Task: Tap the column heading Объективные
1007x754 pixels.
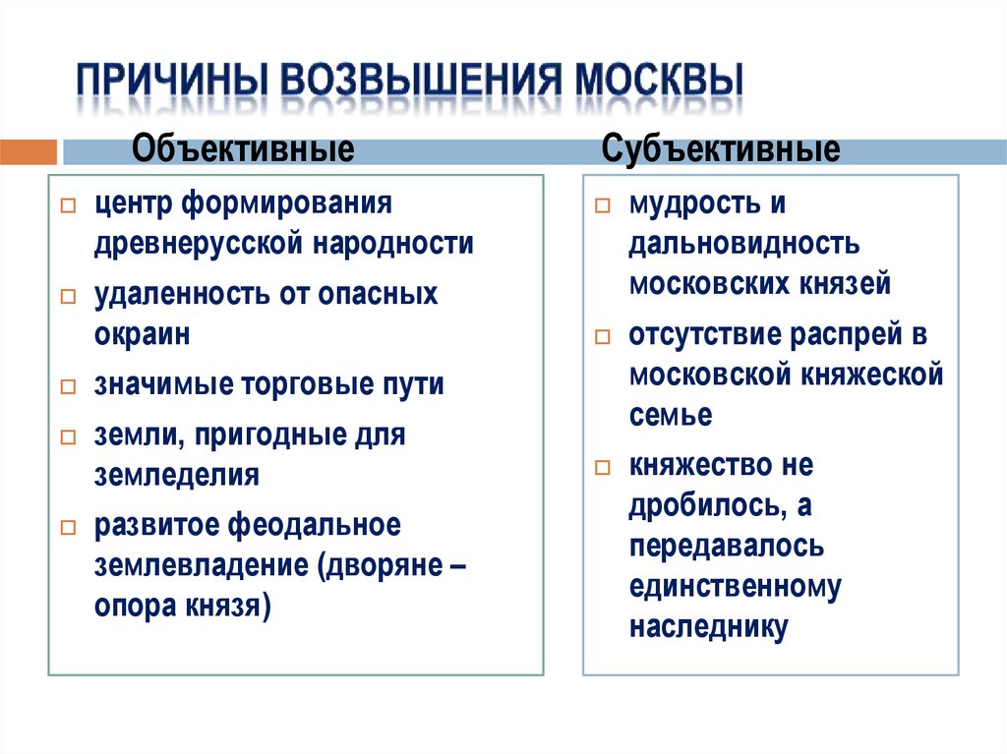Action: (243, 150)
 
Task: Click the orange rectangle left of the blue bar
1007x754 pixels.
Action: (29, 152)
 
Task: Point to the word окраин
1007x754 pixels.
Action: (142, 333)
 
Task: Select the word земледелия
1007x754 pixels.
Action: (177, 475)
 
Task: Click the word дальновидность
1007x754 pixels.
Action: (744, 244)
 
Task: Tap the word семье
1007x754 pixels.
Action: (671, 415)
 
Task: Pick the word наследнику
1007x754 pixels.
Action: (709, 627)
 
